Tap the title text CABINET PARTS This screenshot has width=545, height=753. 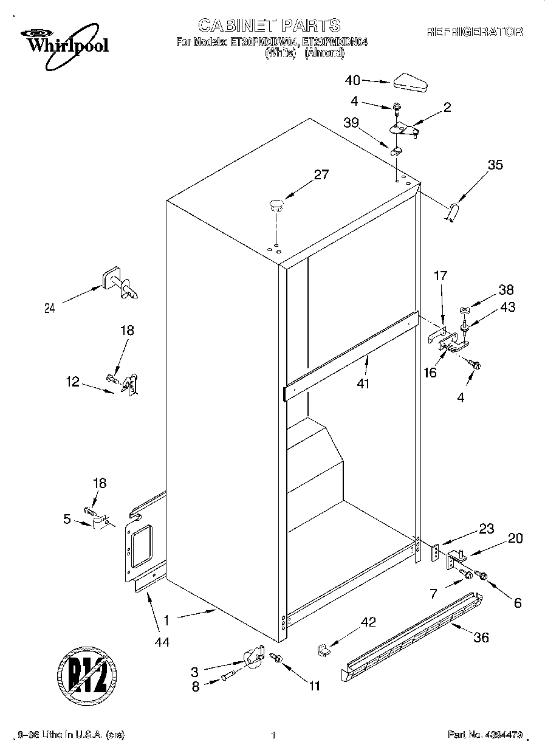269,25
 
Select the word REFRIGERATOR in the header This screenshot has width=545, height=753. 474,32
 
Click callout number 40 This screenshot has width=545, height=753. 352,80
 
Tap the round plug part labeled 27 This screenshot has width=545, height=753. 276,204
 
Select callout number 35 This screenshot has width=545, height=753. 495,164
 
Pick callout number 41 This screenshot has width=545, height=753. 364,383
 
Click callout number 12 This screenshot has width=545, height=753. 72,382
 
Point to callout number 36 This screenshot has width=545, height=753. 481,638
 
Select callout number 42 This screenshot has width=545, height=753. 368,622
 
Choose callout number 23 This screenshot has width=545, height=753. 486,528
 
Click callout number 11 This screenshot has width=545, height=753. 314,686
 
